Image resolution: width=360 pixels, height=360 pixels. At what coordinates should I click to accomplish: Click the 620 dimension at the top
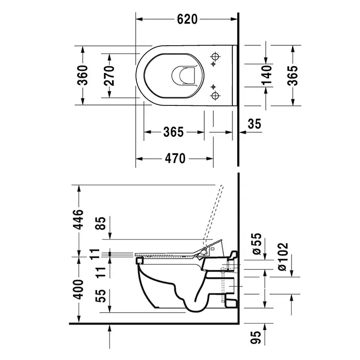click(187, 20)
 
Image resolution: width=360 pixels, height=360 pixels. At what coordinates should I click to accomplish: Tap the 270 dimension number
click(109, 76)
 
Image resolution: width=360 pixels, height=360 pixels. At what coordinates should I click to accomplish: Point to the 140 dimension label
click(266, 75)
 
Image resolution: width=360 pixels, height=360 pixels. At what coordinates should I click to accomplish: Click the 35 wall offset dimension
click(255, 124)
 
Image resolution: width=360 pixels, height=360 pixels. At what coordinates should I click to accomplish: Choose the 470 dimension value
click(175, 158)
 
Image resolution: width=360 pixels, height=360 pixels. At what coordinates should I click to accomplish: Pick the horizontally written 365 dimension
click(173, 132)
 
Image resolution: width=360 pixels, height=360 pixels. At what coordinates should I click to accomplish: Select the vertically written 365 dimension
click(293, 76)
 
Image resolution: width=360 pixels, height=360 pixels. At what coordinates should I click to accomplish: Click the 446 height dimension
click(78, 219)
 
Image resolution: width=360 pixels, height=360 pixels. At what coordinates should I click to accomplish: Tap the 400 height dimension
click(78, 290)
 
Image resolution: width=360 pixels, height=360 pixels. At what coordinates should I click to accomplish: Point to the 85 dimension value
click(100, 223)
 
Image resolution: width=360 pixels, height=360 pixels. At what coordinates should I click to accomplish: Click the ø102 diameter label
click(282, 257)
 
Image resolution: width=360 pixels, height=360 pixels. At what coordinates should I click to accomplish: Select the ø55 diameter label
click(257, 244)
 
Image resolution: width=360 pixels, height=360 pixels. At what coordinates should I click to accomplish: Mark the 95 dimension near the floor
click(256, 337)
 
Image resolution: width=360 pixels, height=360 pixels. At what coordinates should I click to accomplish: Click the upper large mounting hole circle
click(215, 56)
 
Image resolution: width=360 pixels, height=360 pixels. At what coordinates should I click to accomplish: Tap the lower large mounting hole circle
click(215, 96)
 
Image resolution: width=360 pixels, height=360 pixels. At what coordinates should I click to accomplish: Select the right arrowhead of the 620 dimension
click(234, 20)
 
